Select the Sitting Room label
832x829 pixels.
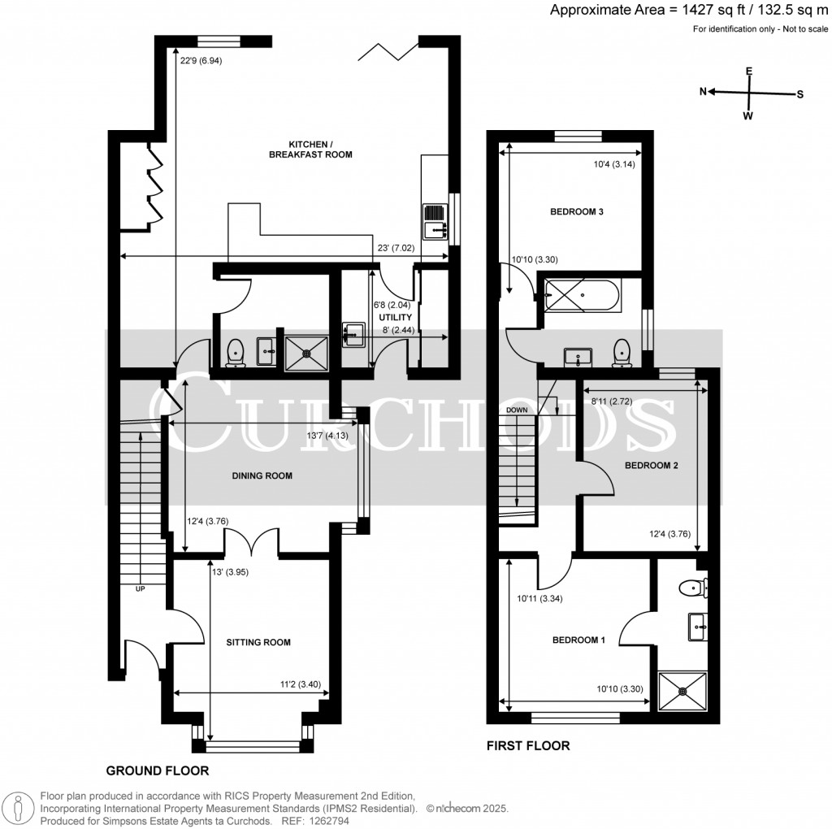(x=258, y=642)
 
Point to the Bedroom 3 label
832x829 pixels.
(x=576, y=212)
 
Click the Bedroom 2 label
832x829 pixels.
(x=651, y=467)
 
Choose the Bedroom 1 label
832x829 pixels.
(x=578, y=640)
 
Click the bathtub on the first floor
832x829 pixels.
(x=582, y=295)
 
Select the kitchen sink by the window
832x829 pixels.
(x=434, y=220)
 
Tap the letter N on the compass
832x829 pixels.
(x=704, y=92)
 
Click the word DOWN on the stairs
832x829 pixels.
(x=517, y=410)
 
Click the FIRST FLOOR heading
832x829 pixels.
(x=528, y=744)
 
